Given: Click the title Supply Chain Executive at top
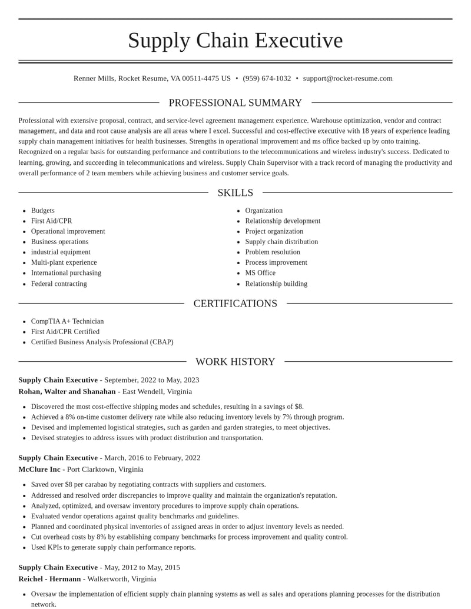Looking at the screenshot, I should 235,40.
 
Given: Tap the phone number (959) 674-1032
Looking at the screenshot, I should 267,78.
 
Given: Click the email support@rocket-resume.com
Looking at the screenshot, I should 347,78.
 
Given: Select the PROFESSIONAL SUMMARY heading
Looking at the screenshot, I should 235,103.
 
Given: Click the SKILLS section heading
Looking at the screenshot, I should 235,193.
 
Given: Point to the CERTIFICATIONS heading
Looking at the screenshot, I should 235,304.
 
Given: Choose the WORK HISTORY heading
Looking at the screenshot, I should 235,362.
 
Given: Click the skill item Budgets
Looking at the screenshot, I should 43,211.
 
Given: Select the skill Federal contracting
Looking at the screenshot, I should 59,284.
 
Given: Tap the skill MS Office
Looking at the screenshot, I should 260,273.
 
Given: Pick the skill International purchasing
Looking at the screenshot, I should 66,273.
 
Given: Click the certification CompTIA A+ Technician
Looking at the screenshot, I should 67,321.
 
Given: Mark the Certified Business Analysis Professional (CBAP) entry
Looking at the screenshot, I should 102,342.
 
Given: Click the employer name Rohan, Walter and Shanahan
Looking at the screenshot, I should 67,391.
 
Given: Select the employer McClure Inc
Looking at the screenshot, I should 39,469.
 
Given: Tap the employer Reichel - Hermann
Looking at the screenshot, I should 49,578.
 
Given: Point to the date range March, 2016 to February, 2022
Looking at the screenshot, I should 152,458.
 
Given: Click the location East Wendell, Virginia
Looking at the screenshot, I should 157,391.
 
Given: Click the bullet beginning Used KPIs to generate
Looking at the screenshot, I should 113,547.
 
